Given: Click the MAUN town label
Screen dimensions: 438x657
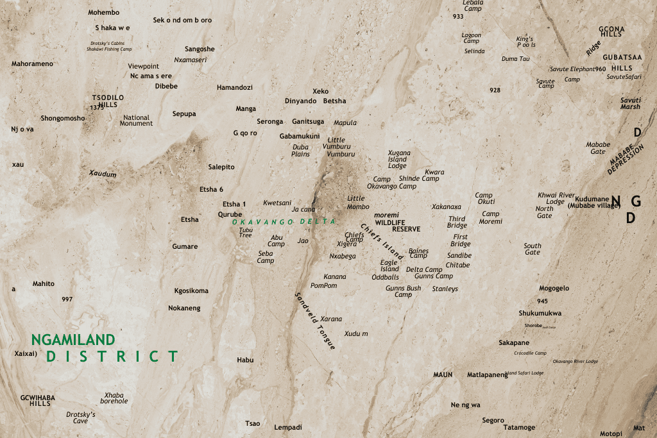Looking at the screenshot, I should pyautogui.click(x=443, y=375).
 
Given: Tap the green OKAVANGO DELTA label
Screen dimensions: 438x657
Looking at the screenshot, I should pyautogui.click(x=284, y=221).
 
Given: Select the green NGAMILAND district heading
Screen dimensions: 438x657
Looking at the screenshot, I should pyautogui.click(x=73, y=340).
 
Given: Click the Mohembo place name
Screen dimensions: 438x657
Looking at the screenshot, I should pyautogui.click(x=104, y=12).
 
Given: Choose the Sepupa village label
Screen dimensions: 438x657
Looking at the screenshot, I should pyautogui.click(x=184, y=114).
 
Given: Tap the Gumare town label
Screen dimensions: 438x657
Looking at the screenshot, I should pyautogui.click(x=185, y=246).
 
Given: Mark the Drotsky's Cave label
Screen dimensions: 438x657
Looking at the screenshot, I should pyautogui.click(x=81, y=417).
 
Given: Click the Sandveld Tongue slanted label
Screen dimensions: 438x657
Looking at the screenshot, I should pyautogui.click(x=315, y=321).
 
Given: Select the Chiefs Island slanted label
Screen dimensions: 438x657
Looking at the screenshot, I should pyautogui.click(x=382, y=241).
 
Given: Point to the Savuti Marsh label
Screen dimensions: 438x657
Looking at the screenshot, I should pyautogui.click(x=630, y=103).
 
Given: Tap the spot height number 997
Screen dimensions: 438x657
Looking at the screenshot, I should pyautogui.click(x=67, y=299).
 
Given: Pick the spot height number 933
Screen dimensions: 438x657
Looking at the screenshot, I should pyautogui.click(x=457, y=17).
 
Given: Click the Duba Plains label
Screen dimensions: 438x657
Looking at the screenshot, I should pyautogui.click(x=300, y=150).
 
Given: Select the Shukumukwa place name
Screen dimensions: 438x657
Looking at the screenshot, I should pyautogui.click(x=540, y=313).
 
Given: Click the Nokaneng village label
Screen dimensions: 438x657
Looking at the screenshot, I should pyautogui.click(x=184, y=308).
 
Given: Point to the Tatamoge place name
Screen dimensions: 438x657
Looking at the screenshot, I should pyautogui.click(x=519, y=427).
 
